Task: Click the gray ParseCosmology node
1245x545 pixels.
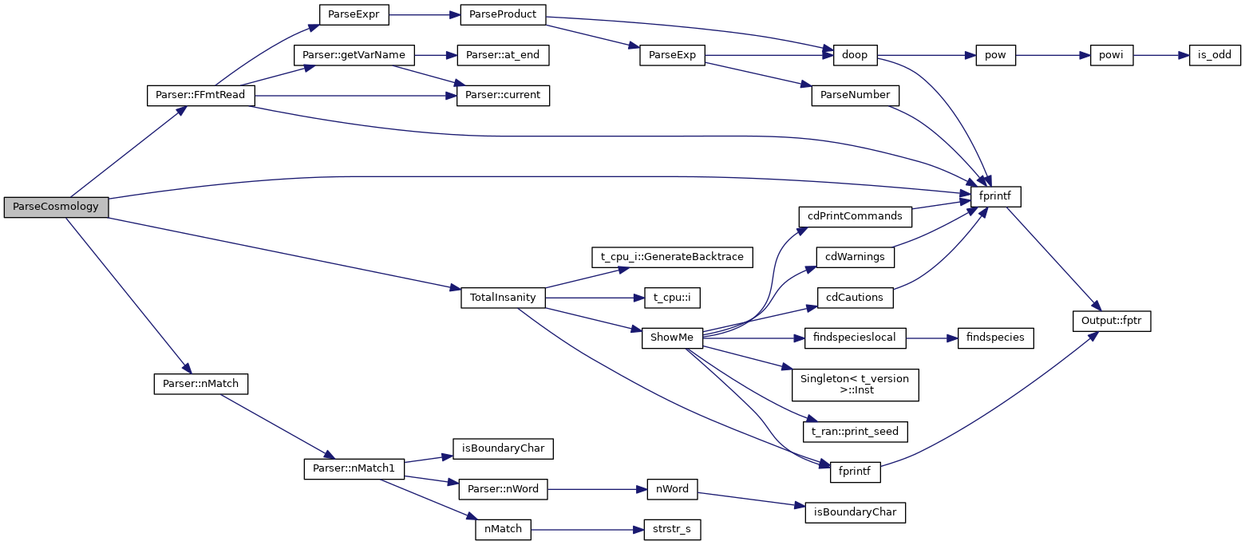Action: click(56, 207)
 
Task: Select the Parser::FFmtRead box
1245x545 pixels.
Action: click(200, 96)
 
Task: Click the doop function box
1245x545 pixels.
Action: click(855, 55)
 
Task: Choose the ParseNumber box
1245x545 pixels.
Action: click(855, 96)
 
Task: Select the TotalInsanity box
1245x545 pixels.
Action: click(504, 298)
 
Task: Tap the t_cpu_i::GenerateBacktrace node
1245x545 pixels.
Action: click(672, 257)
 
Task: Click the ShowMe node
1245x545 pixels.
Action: click(672, 338)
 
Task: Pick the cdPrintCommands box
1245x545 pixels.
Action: click(855, 216)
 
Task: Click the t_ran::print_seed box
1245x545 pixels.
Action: click(855, 432)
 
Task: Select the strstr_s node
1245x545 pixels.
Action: click(672, 530)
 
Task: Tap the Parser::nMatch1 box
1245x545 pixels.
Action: click(354, 468)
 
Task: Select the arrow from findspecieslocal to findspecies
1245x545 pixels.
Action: click(926, 338)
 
